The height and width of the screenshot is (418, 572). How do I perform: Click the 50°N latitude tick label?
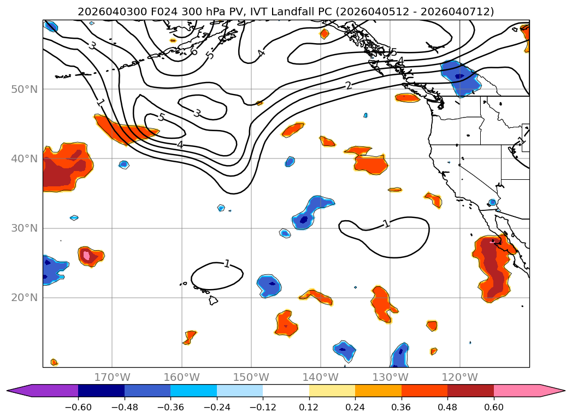[x=24, y=89]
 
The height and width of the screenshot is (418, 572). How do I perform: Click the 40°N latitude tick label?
[x=24, y=159]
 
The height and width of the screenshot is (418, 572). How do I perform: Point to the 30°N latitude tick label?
[x=24, y=228]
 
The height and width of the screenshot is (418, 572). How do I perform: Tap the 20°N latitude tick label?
[x=24, y=298]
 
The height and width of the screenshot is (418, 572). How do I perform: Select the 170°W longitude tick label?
[x=112, y=377]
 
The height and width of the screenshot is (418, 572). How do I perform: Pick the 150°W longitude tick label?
[x=251, y=377]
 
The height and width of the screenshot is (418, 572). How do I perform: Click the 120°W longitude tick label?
[x=460, y=377]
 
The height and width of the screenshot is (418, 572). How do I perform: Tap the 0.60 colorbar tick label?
[x=493, y=407]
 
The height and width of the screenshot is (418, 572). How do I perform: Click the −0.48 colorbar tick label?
[x=124, y=407]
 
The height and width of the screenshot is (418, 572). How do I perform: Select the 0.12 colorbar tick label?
[x=309, y=407]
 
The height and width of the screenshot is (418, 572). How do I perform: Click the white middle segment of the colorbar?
[x=286, y=390]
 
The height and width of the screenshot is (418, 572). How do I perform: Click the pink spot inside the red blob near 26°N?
[x=85, y=255]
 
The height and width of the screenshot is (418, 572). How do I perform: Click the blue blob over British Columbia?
[x=461, y=78]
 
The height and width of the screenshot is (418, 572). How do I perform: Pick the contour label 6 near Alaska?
[x=194, y=51]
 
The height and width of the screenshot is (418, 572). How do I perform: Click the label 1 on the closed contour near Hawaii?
[x=227, y=264]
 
